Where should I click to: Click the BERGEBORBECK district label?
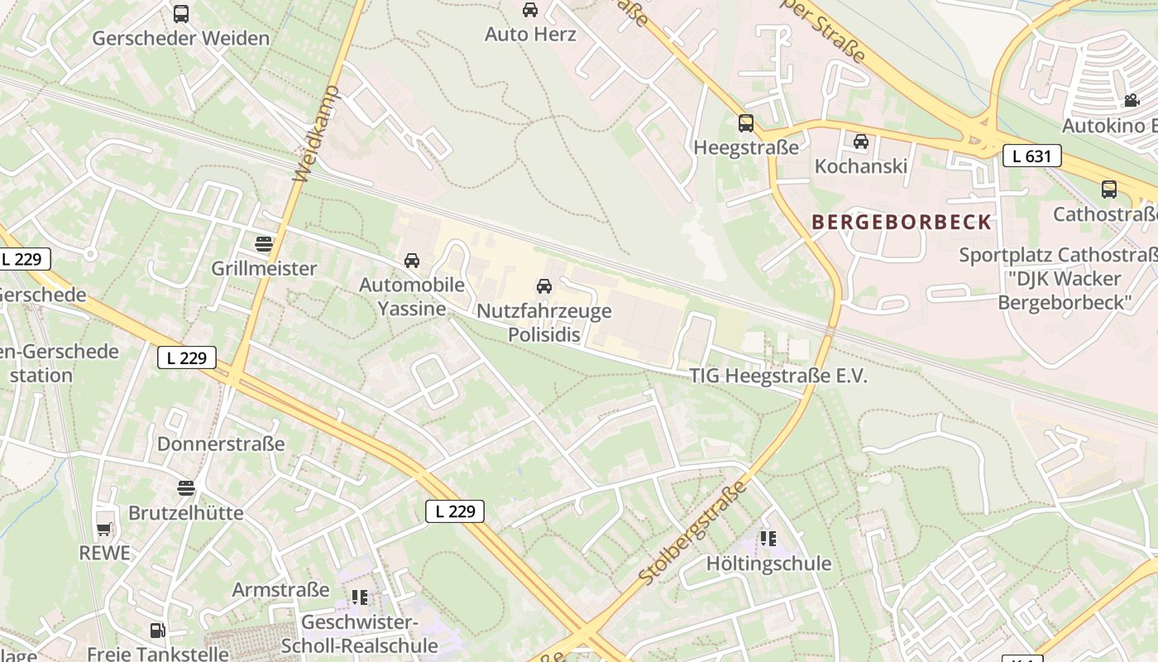(x=901, y=222)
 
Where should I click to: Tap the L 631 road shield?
(x=1031, y=155)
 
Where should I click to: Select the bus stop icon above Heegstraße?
(x=746, y=123)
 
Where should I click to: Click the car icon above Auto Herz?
(x=529, y=10)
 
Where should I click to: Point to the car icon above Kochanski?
(x=861, y=142)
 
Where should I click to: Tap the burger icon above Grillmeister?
(x=264, y=244)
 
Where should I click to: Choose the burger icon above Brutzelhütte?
(x=186, y=488)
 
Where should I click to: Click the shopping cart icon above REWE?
(x=104, y=529)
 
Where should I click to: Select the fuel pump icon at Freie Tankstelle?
(x=157, y=631)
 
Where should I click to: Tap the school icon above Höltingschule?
(x=768, y=539)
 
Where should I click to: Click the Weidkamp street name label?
(x=317, y=133)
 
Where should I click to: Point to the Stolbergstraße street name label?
(x=693, y=532)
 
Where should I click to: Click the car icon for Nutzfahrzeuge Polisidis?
(x=544, y=286)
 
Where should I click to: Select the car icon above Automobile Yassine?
(x=412, y=261)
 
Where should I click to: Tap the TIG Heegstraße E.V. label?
(x=778, y=376)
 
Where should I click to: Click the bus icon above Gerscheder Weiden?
(x=181, y=14)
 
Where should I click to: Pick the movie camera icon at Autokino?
(x=1131, y=101)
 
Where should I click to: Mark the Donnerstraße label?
(x=221, y=444)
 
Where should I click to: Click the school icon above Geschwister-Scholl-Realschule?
(x=359, y=597)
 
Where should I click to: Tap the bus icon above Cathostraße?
(x=1109, y=189)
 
